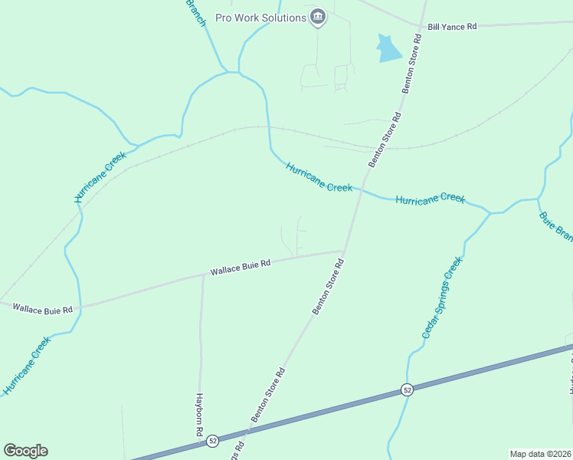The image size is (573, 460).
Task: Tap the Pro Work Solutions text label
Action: (260, 18)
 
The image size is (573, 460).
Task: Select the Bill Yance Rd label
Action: (452, 26)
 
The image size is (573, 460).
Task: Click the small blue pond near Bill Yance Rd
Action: (388, 49)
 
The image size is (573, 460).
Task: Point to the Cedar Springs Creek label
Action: (443, 298)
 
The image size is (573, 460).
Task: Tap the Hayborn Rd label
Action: (198, 415)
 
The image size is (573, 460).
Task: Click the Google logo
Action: (25, 451)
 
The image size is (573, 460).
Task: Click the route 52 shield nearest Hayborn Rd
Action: (213, 440)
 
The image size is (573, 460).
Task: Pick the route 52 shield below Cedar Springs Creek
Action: (407, 389)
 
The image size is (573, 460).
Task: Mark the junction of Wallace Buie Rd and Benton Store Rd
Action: (343, 251)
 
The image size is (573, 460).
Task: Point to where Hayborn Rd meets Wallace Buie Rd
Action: (203, 274)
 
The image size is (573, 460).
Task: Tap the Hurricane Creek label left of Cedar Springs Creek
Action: (430, 199)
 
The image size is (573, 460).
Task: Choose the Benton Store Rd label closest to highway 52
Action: (268, 395)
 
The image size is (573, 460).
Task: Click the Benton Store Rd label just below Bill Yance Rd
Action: (413, 73)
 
